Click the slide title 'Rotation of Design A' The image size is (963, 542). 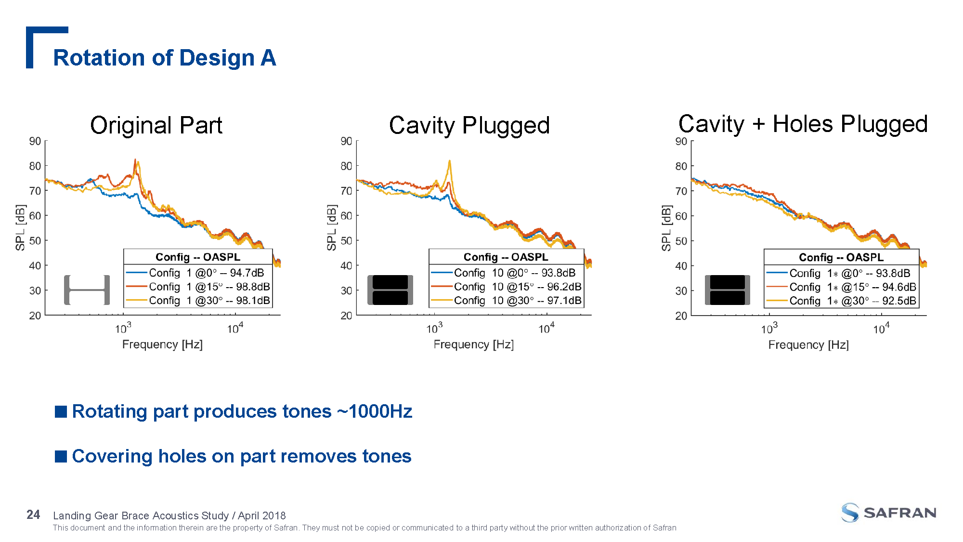click(x=164, y=58)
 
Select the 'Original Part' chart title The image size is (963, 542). click(x=156, y=125)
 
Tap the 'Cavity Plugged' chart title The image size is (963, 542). click(x=469, y=125)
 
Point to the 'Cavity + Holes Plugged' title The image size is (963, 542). click(x=803, y=124)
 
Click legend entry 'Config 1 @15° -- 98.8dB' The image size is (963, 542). click(x=209, y=287)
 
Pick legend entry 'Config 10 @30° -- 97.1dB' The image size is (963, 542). click(x=517, y=301)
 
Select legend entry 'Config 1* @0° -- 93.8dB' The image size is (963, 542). click(x=849, y=273)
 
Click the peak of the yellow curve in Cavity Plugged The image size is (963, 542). click(x=449, y=161)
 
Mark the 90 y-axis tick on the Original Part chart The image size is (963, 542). click(x=35, y=141)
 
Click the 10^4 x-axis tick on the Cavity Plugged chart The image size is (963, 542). click(x=546, y=329)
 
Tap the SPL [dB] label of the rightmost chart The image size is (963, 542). click(x=666, y=228)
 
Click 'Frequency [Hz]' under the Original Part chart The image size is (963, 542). click(x=162, y=344)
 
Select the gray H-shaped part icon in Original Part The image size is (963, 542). click(x=87, y=290)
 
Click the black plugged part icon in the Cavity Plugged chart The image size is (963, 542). click(x=390, y=290)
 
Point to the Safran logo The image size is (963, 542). click(x=888, y=513)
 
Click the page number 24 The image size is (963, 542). click(x=33, y=515)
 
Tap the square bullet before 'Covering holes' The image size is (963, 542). click(x=61, y=456)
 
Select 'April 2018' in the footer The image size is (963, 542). click(x=262, y=516)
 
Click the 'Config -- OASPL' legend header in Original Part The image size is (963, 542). click(x=197, y=257)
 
